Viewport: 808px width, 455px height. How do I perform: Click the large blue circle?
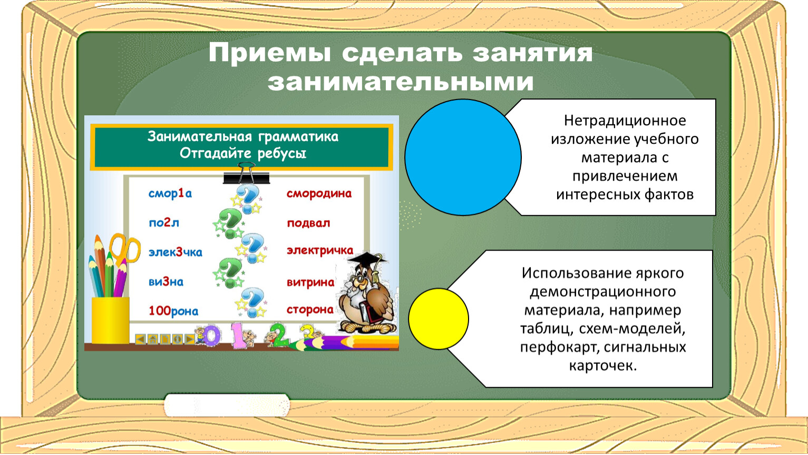pos(463,157)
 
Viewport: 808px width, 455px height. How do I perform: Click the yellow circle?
pos(439,319)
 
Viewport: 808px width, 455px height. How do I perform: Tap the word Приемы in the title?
pos(270,53)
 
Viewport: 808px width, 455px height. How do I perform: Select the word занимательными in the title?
pos(401,82)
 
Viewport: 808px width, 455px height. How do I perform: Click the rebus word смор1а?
pos(170,194)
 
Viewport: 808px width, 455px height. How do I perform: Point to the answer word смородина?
pos(319,194)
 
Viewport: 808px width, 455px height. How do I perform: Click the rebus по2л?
pos(164,223)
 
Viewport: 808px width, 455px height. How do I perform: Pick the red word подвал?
pos(308,223)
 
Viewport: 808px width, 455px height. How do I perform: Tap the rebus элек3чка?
pos(176,252)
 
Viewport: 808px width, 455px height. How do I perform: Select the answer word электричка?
pos(320,250)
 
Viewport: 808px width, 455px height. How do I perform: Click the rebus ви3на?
pos(166,282)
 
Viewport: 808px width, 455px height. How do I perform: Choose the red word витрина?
pos(310,282)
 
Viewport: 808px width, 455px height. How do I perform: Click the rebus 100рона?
pos(173,311)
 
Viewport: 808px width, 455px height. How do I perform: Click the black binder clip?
pos(246,173)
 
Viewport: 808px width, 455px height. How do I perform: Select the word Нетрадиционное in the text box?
pos(625,121)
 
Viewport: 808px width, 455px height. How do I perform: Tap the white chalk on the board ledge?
pos(227,405)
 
